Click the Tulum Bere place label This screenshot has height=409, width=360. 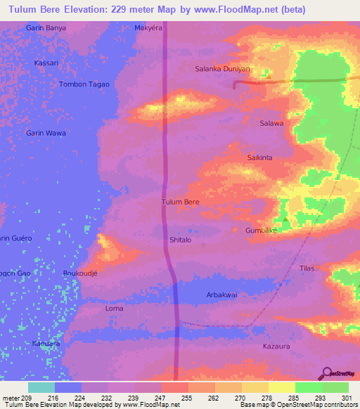click(181, 202)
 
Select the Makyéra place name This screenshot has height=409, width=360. click(148, 29)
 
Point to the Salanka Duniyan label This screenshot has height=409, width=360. click(222, 69)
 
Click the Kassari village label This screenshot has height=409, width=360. click(46, 63)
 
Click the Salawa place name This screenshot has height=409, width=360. click(271, 124)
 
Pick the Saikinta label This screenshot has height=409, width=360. click(259, 158)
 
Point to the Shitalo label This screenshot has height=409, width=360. click(181, 240)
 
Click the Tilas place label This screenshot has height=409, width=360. click(307, 269)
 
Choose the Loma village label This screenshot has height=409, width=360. click(114, 309)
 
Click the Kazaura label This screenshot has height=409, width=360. click(276, 346)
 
